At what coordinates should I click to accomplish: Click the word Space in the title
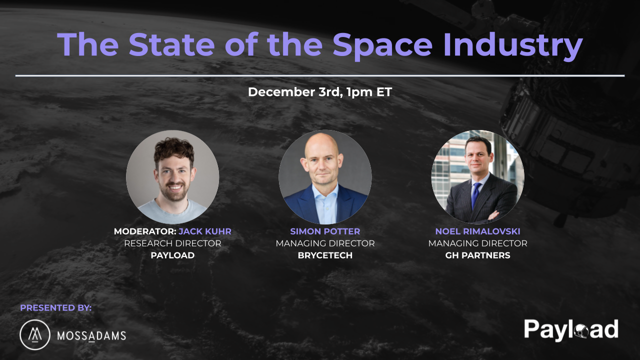pos(382,44)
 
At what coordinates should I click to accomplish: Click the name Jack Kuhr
pos(205,231)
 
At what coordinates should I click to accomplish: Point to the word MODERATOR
pos(144,231)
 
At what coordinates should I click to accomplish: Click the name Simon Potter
pos(325,231)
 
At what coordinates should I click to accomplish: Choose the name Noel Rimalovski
pos(477,231)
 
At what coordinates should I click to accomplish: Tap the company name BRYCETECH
pos(325,255)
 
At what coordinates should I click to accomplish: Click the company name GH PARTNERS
pos(477,255)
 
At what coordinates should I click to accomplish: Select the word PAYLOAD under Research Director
pos(172,255)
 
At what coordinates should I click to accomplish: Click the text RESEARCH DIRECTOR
pos(172,243)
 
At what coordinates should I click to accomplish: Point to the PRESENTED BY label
pos(56,308)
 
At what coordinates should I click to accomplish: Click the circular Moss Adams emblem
pos(34,334)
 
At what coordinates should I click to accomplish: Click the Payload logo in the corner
pos(571,330)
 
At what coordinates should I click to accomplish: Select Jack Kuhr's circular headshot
pos(172,176)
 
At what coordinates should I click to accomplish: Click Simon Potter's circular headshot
pos(325,176)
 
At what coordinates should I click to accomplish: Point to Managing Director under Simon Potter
pos(325,243)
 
